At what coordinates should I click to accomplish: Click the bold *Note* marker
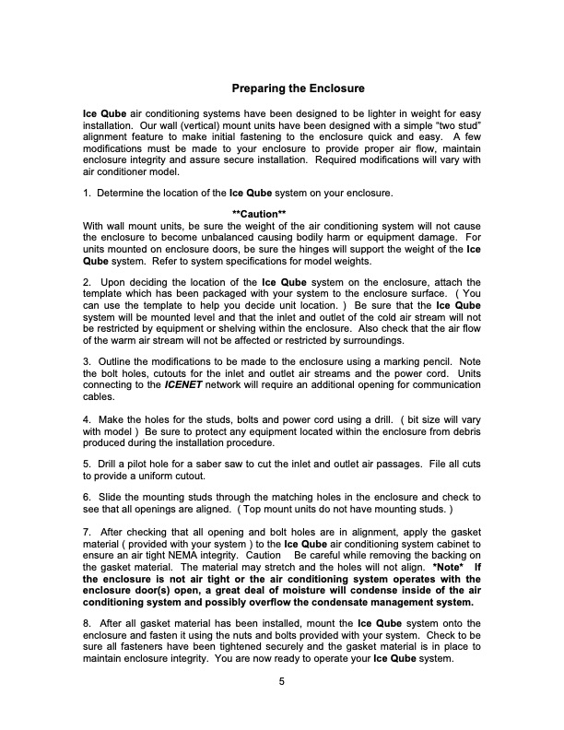449,569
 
